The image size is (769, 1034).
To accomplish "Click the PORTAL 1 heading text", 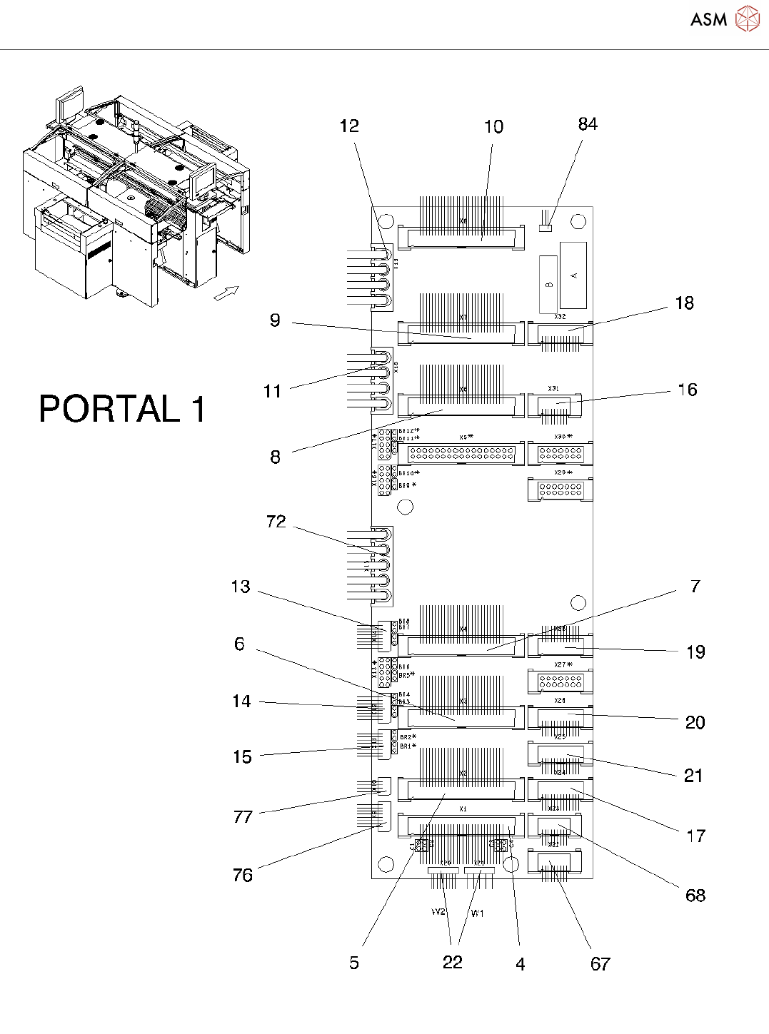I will (x=122, y=410).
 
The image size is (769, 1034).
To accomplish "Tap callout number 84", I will (x=588, y=124).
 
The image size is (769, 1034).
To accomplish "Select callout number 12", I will (x=349, y=126).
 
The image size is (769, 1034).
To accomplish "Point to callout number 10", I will (x=493, y=127).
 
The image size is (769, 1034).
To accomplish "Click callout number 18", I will (x=684, y=303).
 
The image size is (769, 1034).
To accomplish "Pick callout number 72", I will (x=276, y=522).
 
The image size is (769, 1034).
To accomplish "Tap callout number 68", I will (x=695, y=896).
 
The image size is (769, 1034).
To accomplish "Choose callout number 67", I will (x=600, y=964).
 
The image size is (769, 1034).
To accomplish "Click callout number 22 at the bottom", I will (x=453, y=963).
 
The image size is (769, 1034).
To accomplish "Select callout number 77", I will (x=243, y=817).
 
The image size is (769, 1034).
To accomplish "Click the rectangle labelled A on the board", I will (x=573, y=275).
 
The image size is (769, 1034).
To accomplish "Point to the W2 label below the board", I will (x=438, y=912).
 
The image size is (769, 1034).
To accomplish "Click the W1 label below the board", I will (x=477, y=913).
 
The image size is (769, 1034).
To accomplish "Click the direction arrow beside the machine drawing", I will (x=226, y=293).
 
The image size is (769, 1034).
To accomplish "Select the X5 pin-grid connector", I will (x=461, y=453).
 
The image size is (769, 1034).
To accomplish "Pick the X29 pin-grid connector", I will (x=561, y=490).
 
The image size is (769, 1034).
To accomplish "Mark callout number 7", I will (x=695, y=587).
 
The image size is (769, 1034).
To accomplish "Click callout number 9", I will (x=275, y=320).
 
